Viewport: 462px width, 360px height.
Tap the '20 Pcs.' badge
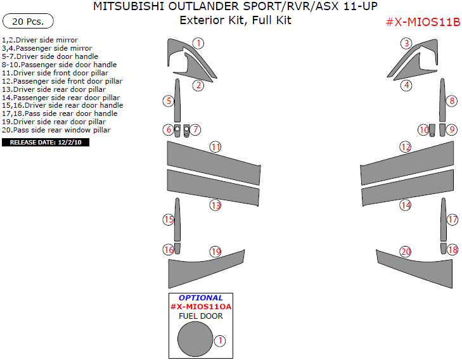[28, 22]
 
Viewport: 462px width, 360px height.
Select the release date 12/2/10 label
[46, 143]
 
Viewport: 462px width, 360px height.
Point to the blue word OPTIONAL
[200, 297]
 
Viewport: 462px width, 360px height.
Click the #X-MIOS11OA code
[200, 307]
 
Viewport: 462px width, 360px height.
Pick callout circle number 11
[216, 147]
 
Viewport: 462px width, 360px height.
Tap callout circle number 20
[406, 252]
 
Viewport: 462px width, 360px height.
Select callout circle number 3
[406, 44]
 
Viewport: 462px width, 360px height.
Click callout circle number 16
[169, 250]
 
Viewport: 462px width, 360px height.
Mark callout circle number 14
[406, 205]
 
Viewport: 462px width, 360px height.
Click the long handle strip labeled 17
[443, 219]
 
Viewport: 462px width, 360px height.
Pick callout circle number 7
[196, 130]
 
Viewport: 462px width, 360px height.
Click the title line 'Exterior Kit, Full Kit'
[235, 20]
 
